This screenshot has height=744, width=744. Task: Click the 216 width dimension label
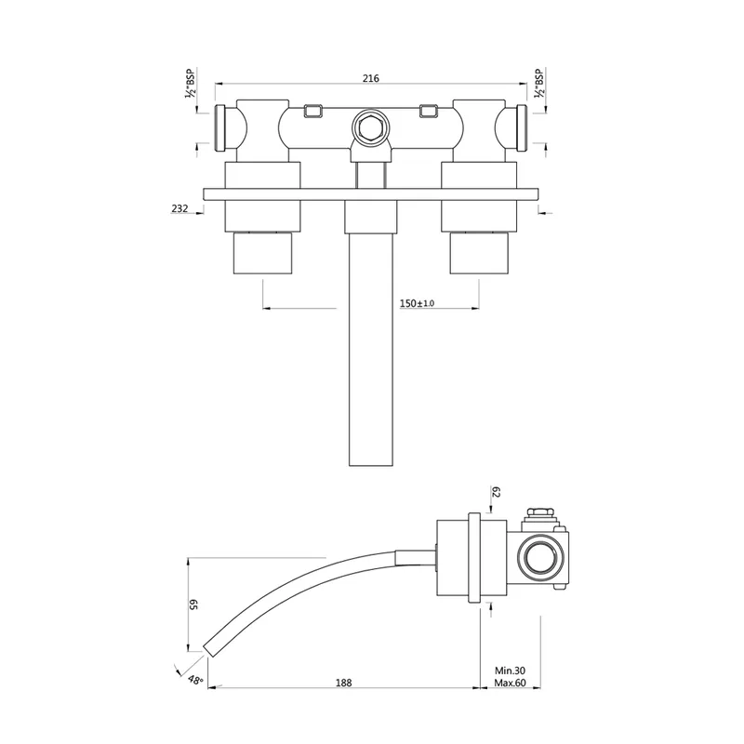[370, 78]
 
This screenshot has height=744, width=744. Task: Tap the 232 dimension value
[179, 208]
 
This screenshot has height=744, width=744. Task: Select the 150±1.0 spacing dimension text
[417, 303]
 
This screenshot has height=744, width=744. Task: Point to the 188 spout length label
[343, 683]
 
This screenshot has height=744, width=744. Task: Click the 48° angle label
[195, 680]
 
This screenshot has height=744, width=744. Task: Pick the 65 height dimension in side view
[193, 604]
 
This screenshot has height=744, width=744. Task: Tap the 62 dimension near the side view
[496, 492]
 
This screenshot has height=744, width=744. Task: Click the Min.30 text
[510, 671]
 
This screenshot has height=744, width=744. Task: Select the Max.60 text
[510, 684]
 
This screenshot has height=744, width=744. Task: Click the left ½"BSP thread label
[191, 84]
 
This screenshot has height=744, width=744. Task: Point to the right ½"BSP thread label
[538, 84]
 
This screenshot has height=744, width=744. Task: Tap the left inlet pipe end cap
[220, 128]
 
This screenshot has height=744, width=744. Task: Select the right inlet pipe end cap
[522, 128]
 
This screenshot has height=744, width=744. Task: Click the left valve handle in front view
[263, 253]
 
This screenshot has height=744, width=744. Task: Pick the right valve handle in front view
[479, 253]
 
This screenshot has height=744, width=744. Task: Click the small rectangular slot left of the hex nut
[312, 111]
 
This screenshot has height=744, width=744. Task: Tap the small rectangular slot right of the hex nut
[429, 111]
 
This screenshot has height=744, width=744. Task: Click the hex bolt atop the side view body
[540, 512]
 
